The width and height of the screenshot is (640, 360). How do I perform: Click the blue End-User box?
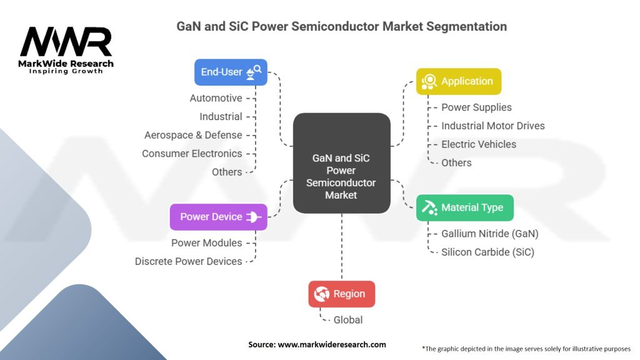pos(231,72)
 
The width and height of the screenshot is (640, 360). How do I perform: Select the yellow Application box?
pos(459,81)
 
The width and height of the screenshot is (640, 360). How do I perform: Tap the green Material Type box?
pos(465,207)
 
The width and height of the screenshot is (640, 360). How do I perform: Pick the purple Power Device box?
pos(218,217)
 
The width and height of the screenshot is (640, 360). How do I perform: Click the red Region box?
pos(342,294)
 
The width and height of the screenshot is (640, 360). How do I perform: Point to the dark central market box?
pos(342,163)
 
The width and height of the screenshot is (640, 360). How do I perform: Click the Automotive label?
pos(216,98)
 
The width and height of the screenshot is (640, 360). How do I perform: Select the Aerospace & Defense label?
pos(193,135)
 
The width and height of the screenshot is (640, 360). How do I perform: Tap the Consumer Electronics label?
pos(192,154)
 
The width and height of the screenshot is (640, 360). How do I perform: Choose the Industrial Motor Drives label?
pos(493,126)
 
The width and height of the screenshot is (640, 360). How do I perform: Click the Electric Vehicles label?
pos(479,144)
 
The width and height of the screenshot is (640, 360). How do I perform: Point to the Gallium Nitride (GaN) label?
pos(490,234)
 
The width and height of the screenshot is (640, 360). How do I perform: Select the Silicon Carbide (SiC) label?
pos(487,252)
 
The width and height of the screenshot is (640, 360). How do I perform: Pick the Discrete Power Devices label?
pos(189,261)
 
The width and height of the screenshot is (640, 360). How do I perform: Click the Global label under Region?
pos(347,320)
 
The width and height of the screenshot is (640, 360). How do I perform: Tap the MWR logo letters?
pos(66,41)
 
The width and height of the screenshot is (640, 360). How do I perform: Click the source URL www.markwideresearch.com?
pos(332,344)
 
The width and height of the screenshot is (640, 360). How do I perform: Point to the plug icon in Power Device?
pos(254,217)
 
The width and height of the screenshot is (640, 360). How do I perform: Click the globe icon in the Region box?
pos(322,294)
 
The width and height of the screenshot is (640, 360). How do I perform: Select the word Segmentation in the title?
pos(466,26)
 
